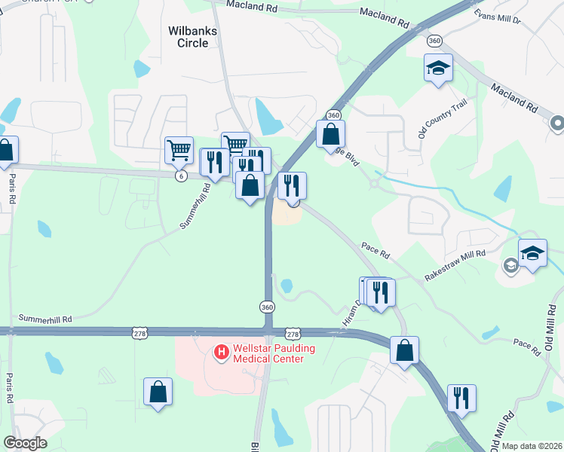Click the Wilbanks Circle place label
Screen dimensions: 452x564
[x=187, y=36]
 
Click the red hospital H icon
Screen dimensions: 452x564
[x=222, y=351]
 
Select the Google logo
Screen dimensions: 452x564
[x=25, y=443]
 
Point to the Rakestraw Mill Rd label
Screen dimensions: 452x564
[x=455, y=266]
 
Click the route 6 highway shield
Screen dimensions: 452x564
[x=180, y=176]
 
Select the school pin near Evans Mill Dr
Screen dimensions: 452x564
[x=438, y=69]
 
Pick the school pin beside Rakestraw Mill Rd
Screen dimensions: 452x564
[x=532, y=253]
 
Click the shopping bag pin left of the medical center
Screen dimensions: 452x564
[x=158, y=392]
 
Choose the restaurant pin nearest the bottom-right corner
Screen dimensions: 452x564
[x=461, y=398]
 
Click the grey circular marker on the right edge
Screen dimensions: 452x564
[x=557, y=122]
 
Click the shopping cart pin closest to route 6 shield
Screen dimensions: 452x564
[x=179, y=150]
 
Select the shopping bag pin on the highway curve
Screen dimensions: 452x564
[x=405, y=350]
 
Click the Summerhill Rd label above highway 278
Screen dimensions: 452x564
[x=46, y=319]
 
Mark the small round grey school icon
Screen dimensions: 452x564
[x=510, y=264]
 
